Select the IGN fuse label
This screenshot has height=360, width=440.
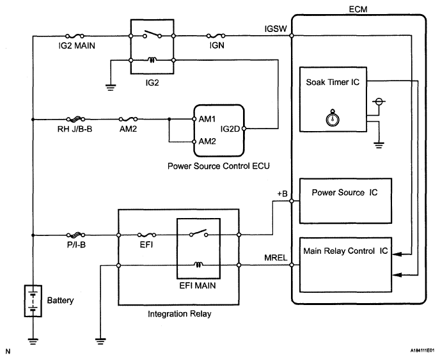(215, 46)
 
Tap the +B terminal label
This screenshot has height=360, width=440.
(282, 192)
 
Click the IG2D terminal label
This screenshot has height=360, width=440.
(230, 129)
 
